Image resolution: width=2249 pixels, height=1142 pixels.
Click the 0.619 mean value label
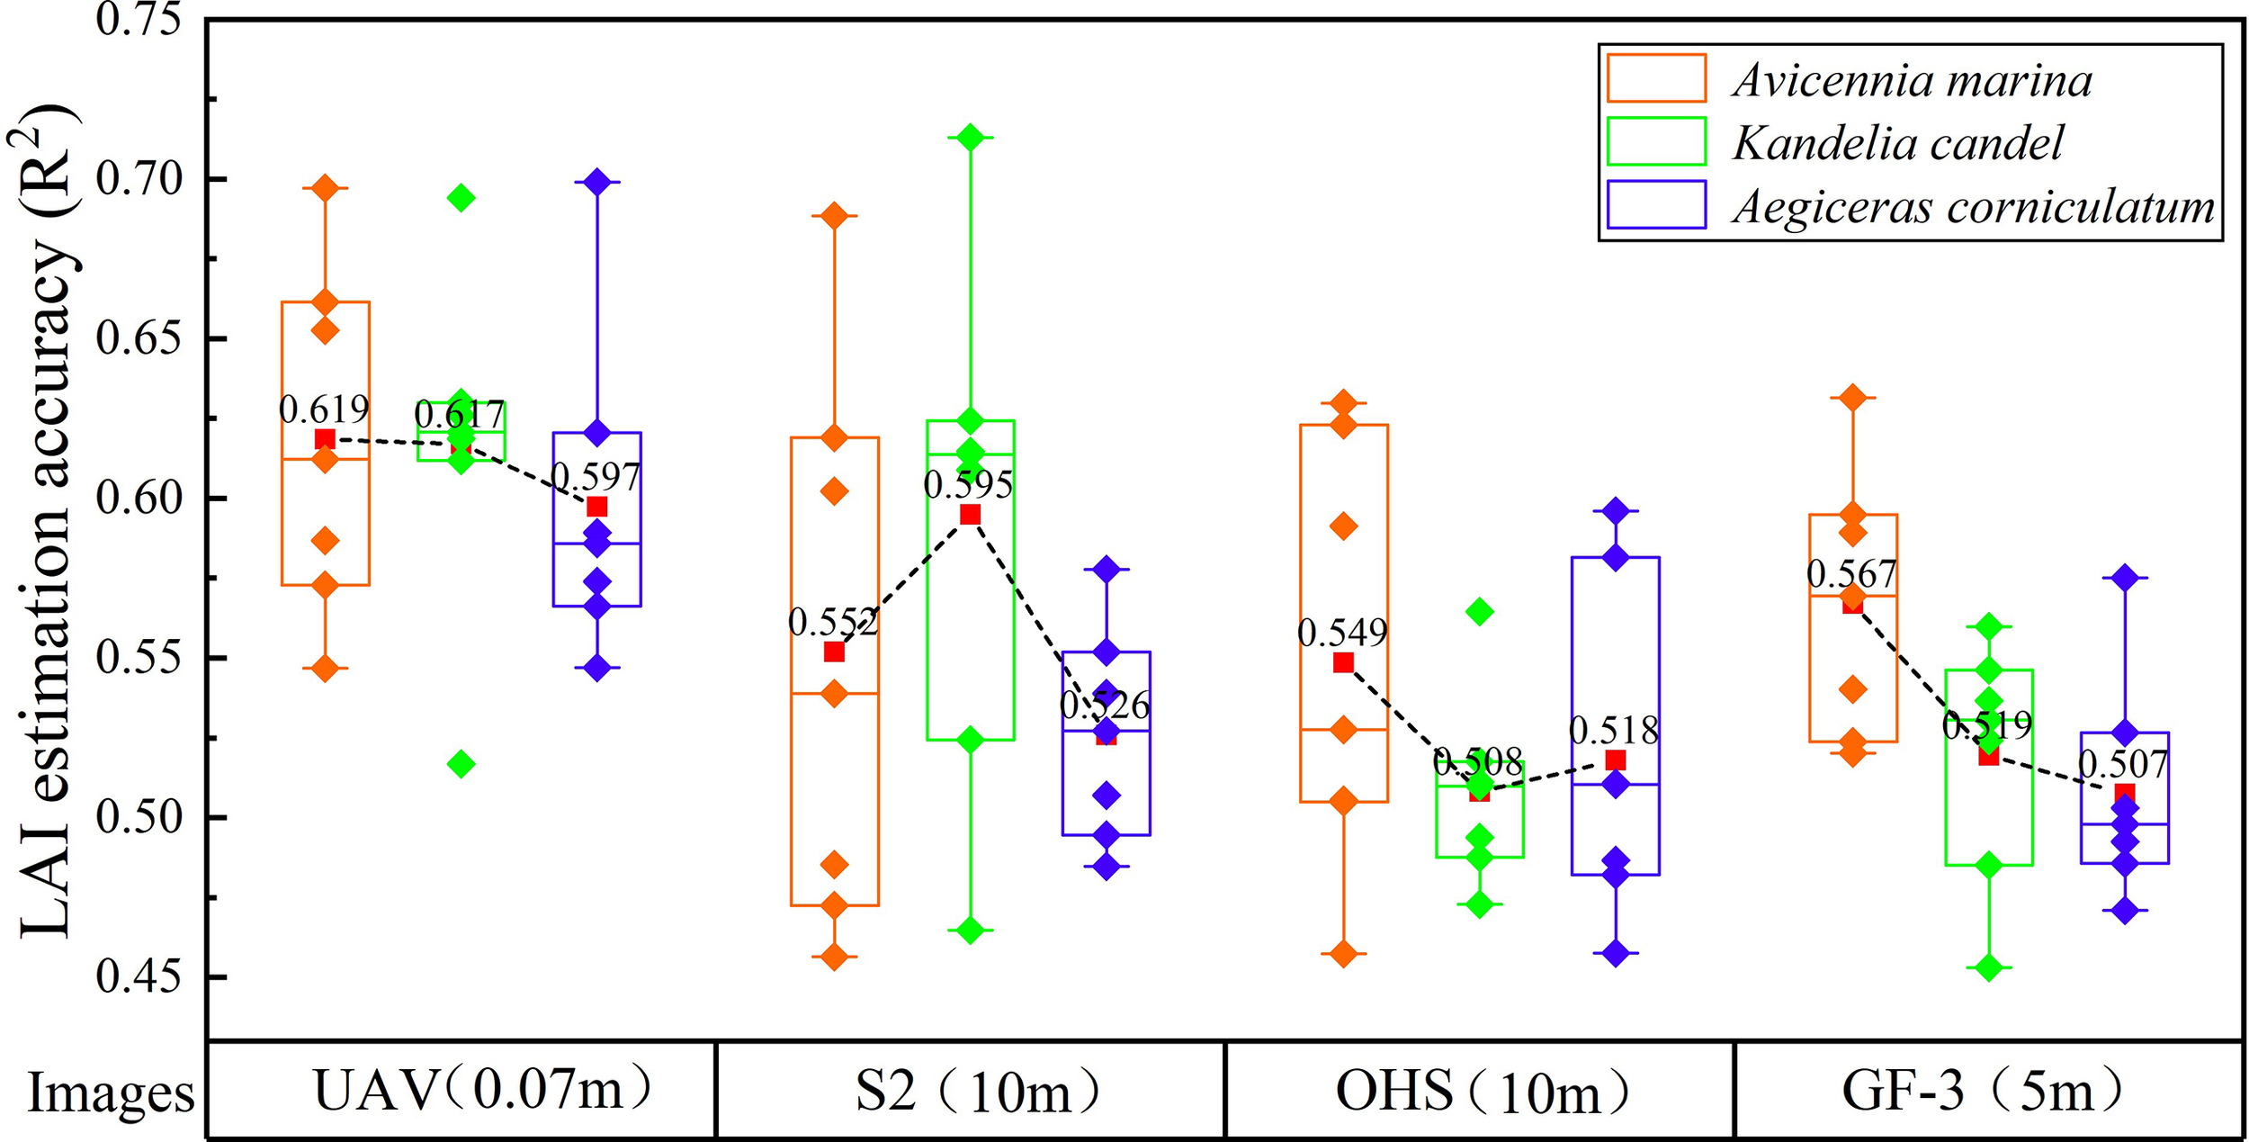[x=324, y=410]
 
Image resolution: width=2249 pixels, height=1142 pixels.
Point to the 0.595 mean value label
[x=968, y=485]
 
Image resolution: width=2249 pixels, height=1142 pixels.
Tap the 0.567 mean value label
[x=1851, y=574]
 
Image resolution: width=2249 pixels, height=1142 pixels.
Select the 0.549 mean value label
[x=1342, y=634]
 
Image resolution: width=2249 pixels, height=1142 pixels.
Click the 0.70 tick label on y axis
[x=139, y=180]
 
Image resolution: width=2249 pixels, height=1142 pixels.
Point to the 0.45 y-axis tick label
[x=139, y=976]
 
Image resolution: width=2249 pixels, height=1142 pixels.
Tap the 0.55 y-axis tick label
[x=139, y=658]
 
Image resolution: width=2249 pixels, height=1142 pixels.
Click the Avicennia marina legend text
[x=1913, y=81]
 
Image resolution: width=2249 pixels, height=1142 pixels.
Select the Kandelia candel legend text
[x=1898, y=143]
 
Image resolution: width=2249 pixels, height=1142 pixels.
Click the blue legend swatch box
[x=1656, y=205]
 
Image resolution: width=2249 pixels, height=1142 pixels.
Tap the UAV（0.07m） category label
[x=482, y=1091]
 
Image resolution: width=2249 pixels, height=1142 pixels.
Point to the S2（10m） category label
[x=977, y=1091]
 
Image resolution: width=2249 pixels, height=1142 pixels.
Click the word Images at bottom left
[x=111, y=1093]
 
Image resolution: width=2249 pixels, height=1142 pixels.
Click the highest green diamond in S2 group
[x=970, y=137]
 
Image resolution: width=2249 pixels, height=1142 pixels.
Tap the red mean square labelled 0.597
[x=597, y=507]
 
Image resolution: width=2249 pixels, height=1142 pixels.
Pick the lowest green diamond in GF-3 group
[x=1989, y=968]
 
